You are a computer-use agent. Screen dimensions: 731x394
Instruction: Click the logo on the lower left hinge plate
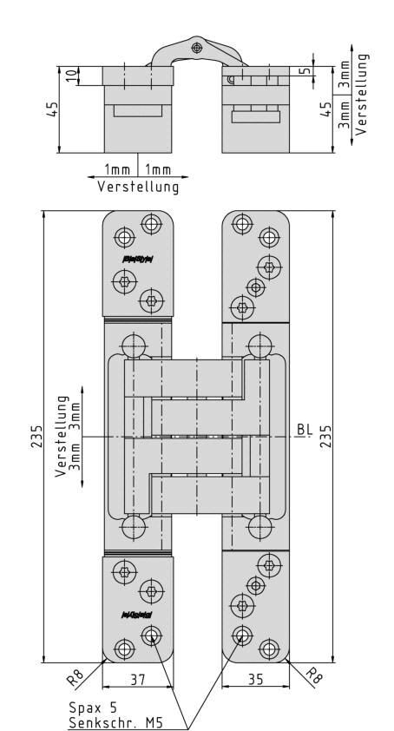[x=136, y=615]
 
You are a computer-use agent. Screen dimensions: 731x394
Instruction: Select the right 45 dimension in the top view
[x=326, y=110]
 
